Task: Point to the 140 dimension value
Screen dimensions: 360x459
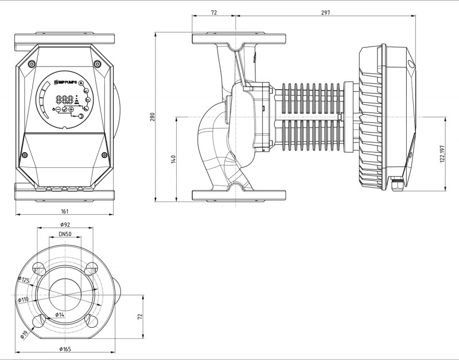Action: click(174, 159)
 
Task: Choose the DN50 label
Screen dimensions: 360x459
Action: click(64, 235)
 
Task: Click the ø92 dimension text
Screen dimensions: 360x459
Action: click(64, 224)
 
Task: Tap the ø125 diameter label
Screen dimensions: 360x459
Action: click(24, 280)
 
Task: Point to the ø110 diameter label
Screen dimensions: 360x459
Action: click(24, 299)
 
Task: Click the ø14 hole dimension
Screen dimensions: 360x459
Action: click(60, 315)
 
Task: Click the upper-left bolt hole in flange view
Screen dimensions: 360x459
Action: click(40, 268)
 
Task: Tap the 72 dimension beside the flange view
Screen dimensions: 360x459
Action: click(139, 317)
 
